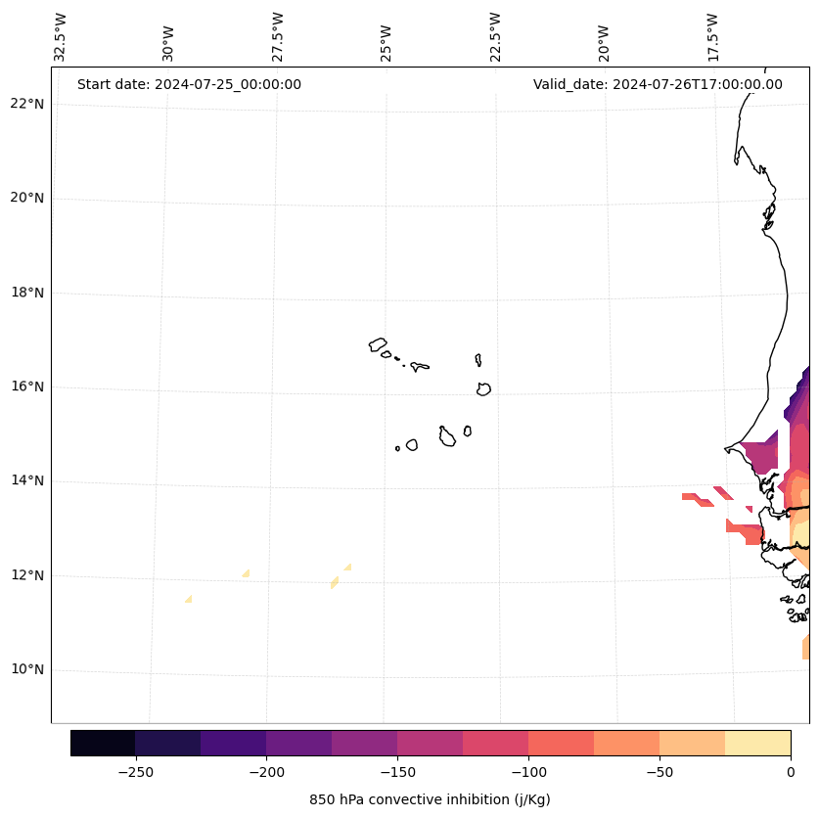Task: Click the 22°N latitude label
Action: click(x=27, y=104)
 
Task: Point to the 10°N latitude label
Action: click(x=27, y=669)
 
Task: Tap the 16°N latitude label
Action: click(x=27, y=386)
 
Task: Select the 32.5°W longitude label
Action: click(x=61, y=37)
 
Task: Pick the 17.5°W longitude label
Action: click(x=713, y=37)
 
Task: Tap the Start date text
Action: click(x=189, y=84)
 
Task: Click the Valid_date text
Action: click(x=658, y=84)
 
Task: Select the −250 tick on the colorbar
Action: click(x=135, y=772)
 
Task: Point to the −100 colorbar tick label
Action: click(x=528, y=772)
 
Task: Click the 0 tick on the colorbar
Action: click(x=790, y=772)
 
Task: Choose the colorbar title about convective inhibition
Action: click(x=430, y=799)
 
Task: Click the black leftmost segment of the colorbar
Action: click(x=103, y=743)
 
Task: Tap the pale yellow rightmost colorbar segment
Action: click(x=757, y=743)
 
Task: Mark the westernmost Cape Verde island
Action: click(x=378, y=344)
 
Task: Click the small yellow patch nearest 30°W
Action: click(x=188, y=598)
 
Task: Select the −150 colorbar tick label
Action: click(x=397, y=772)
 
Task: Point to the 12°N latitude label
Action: click(x=27, y=575)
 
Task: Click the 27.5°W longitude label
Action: click(x=279, y=37)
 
